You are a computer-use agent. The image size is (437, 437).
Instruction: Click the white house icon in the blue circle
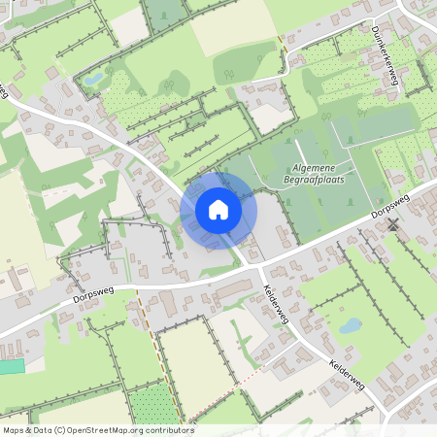pyautogui.click(x=218, y=210)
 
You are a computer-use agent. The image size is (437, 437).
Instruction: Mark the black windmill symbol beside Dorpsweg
pyautogui.click(x=393, y=224)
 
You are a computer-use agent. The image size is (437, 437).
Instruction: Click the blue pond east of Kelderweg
pyautogui.click(x=350, y=325)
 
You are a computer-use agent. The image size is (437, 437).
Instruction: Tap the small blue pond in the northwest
pyautogui.click(x=93, y=79)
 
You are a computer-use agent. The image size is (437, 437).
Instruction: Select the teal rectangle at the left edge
pyautogui.click(x=11, y=366)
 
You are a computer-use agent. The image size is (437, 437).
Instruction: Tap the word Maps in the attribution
pyautogui.click(x=14, y=430)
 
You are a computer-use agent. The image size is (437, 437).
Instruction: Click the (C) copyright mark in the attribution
pyautogui.click(x=60, y=430)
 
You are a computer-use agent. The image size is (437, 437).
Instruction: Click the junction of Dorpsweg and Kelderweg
pyautogui.click(x=254, y=263)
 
